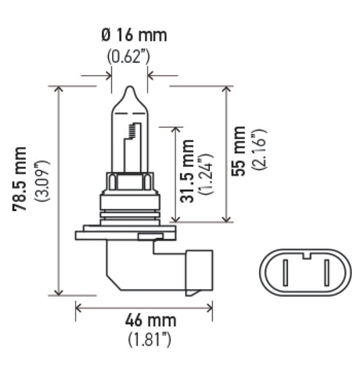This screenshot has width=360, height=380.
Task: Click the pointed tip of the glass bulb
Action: (130, 89)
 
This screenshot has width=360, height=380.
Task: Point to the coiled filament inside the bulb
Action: (138, 132)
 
